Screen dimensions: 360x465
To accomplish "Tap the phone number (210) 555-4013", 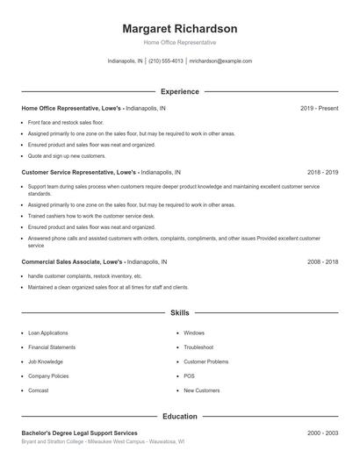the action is [166, 61].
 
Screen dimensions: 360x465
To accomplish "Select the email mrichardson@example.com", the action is [220, 61].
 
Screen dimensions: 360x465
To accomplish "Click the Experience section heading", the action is [179, 91].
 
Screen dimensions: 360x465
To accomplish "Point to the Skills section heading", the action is [179, 312].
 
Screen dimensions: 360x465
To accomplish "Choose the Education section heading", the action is [179, 416].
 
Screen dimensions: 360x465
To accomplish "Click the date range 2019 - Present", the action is [319, 108].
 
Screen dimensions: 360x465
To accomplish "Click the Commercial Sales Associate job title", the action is [71, 262].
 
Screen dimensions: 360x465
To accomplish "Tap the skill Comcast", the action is [38, 390].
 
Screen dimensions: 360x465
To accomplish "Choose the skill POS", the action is [189, 376].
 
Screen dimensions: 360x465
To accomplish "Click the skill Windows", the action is [194, 333].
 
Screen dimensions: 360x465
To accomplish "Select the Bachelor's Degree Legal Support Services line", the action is [79, 433].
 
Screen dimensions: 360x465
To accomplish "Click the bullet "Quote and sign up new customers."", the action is [66, 155].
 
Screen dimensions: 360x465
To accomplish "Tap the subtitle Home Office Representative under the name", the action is [179, 42].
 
